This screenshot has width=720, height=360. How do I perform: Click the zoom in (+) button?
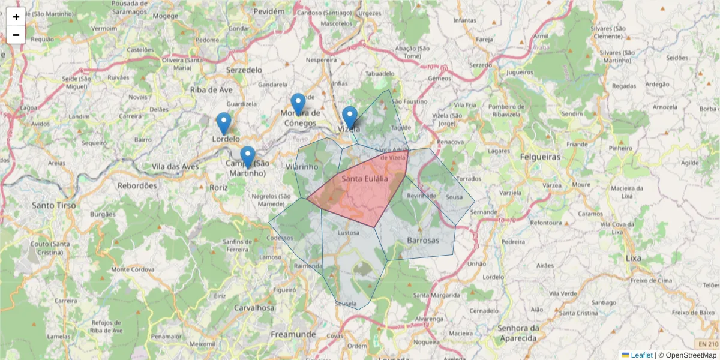[16, 17]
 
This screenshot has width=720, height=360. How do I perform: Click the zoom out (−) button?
[16, 35]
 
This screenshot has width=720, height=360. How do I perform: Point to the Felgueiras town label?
[535, 157]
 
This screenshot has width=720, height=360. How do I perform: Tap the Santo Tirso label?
[54, 205]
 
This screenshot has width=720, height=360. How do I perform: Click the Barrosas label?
[423, 240]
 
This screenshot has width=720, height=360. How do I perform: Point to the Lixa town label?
[632, 257]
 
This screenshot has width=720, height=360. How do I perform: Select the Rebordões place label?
[136, 185]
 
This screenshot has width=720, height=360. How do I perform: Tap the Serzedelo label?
[244, 70]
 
